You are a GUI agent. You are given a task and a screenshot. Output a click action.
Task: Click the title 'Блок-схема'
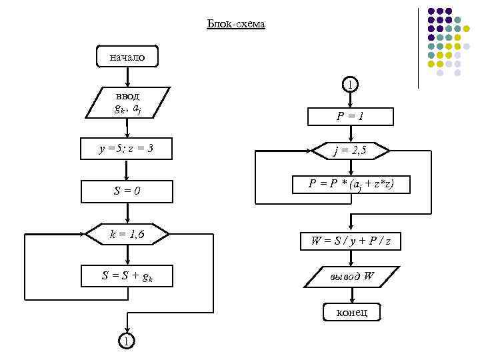(236, 25)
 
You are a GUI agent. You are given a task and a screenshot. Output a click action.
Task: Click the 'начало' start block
(127, 57)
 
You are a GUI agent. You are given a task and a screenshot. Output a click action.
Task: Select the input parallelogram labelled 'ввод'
(127, 102)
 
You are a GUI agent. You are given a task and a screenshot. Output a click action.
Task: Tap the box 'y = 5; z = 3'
(127, 149)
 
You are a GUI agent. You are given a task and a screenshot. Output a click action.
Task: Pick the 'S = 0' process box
(127, 192)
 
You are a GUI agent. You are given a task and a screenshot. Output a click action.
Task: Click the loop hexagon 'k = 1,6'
(127, 234)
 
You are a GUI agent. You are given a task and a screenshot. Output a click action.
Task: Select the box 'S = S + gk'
(127, 276)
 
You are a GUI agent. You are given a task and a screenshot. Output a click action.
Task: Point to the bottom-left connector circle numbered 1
(127, 341)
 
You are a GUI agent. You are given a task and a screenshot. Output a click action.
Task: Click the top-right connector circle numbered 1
(350, 84)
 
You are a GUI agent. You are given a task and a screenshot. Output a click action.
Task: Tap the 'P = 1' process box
(350, 117)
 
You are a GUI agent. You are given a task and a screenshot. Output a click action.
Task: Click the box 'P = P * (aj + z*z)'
(350, 185)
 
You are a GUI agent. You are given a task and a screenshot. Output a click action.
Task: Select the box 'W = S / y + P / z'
(350, 241)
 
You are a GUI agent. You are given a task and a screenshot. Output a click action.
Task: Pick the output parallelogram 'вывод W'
(350, 276)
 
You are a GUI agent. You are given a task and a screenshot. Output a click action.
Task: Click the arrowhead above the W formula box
(350, 227)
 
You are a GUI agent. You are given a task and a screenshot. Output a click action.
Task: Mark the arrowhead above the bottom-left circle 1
(127, 330)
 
